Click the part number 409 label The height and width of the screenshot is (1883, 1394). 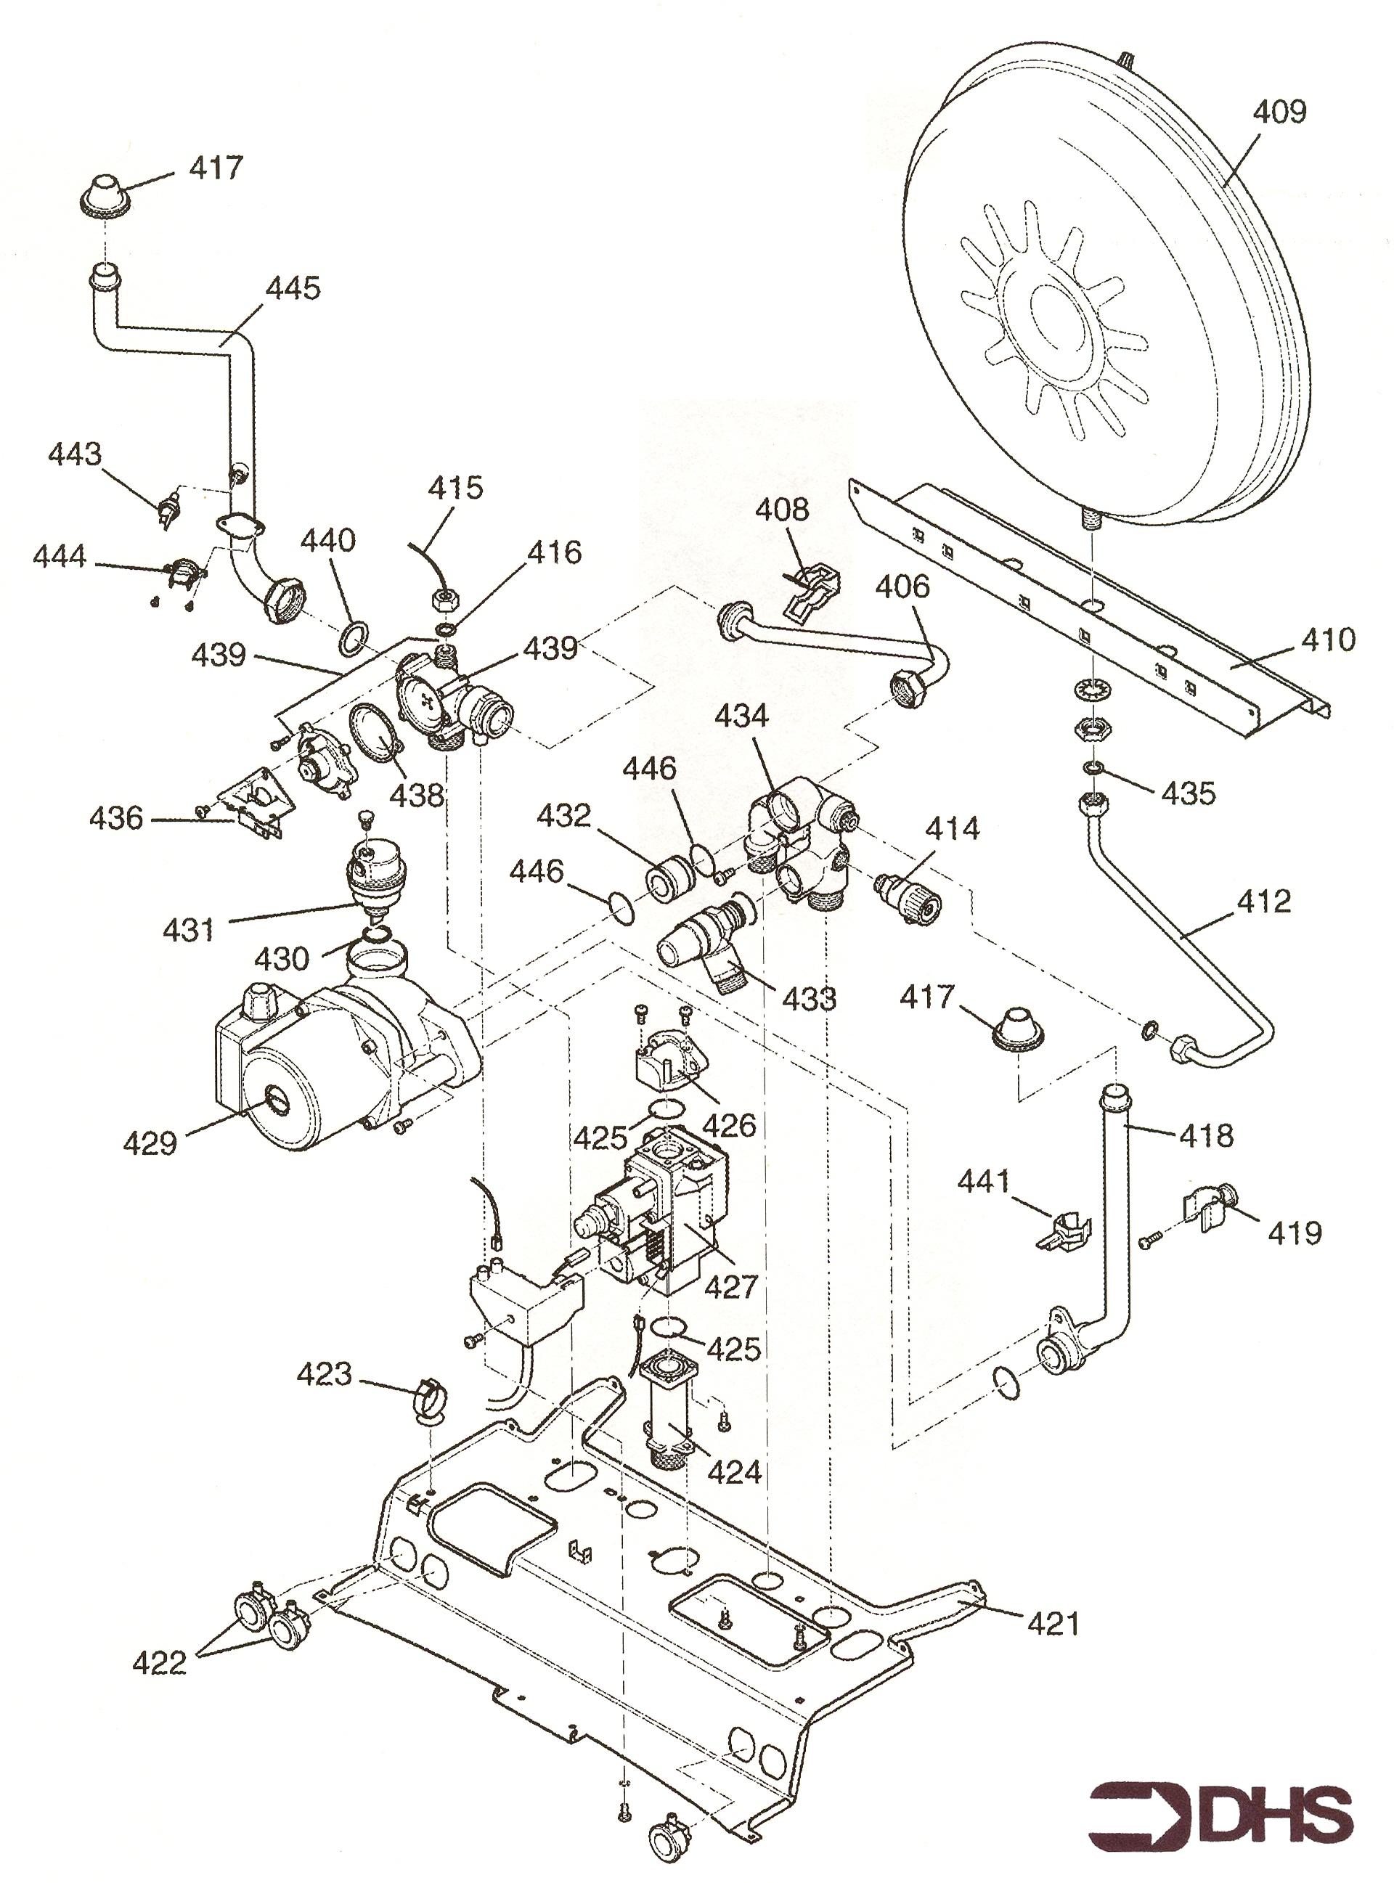click(x=1279, y=113)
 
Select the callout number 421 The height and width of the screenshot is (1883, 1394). click(x=1053, y=1623)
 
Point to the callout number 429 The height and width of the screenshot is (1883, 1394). click(x=150, y=1144)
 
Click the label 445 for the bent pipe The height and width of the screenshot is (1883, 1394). click(x=293, y=288)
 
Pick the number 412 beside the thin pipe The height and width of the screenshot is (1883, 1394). click(x=1264, y=902)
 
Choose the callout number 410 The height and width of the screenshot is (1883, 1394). click(x=1328, y=640)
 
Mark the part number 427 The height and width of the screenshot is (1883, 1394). click(x=730, y=1286)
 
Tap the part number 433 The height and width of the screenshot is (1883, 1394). click(x=808, y=998)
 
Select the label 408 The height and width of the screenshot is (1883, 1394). click(x=781, y=510)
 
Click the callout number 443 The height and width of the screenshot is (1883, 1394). click(x=74, y=454)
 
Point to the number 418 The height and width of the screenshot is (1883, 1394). click(x=1207, y=1135)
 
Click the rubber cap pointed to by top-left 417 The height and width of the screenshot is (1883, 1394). click(x=106, y=197)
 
